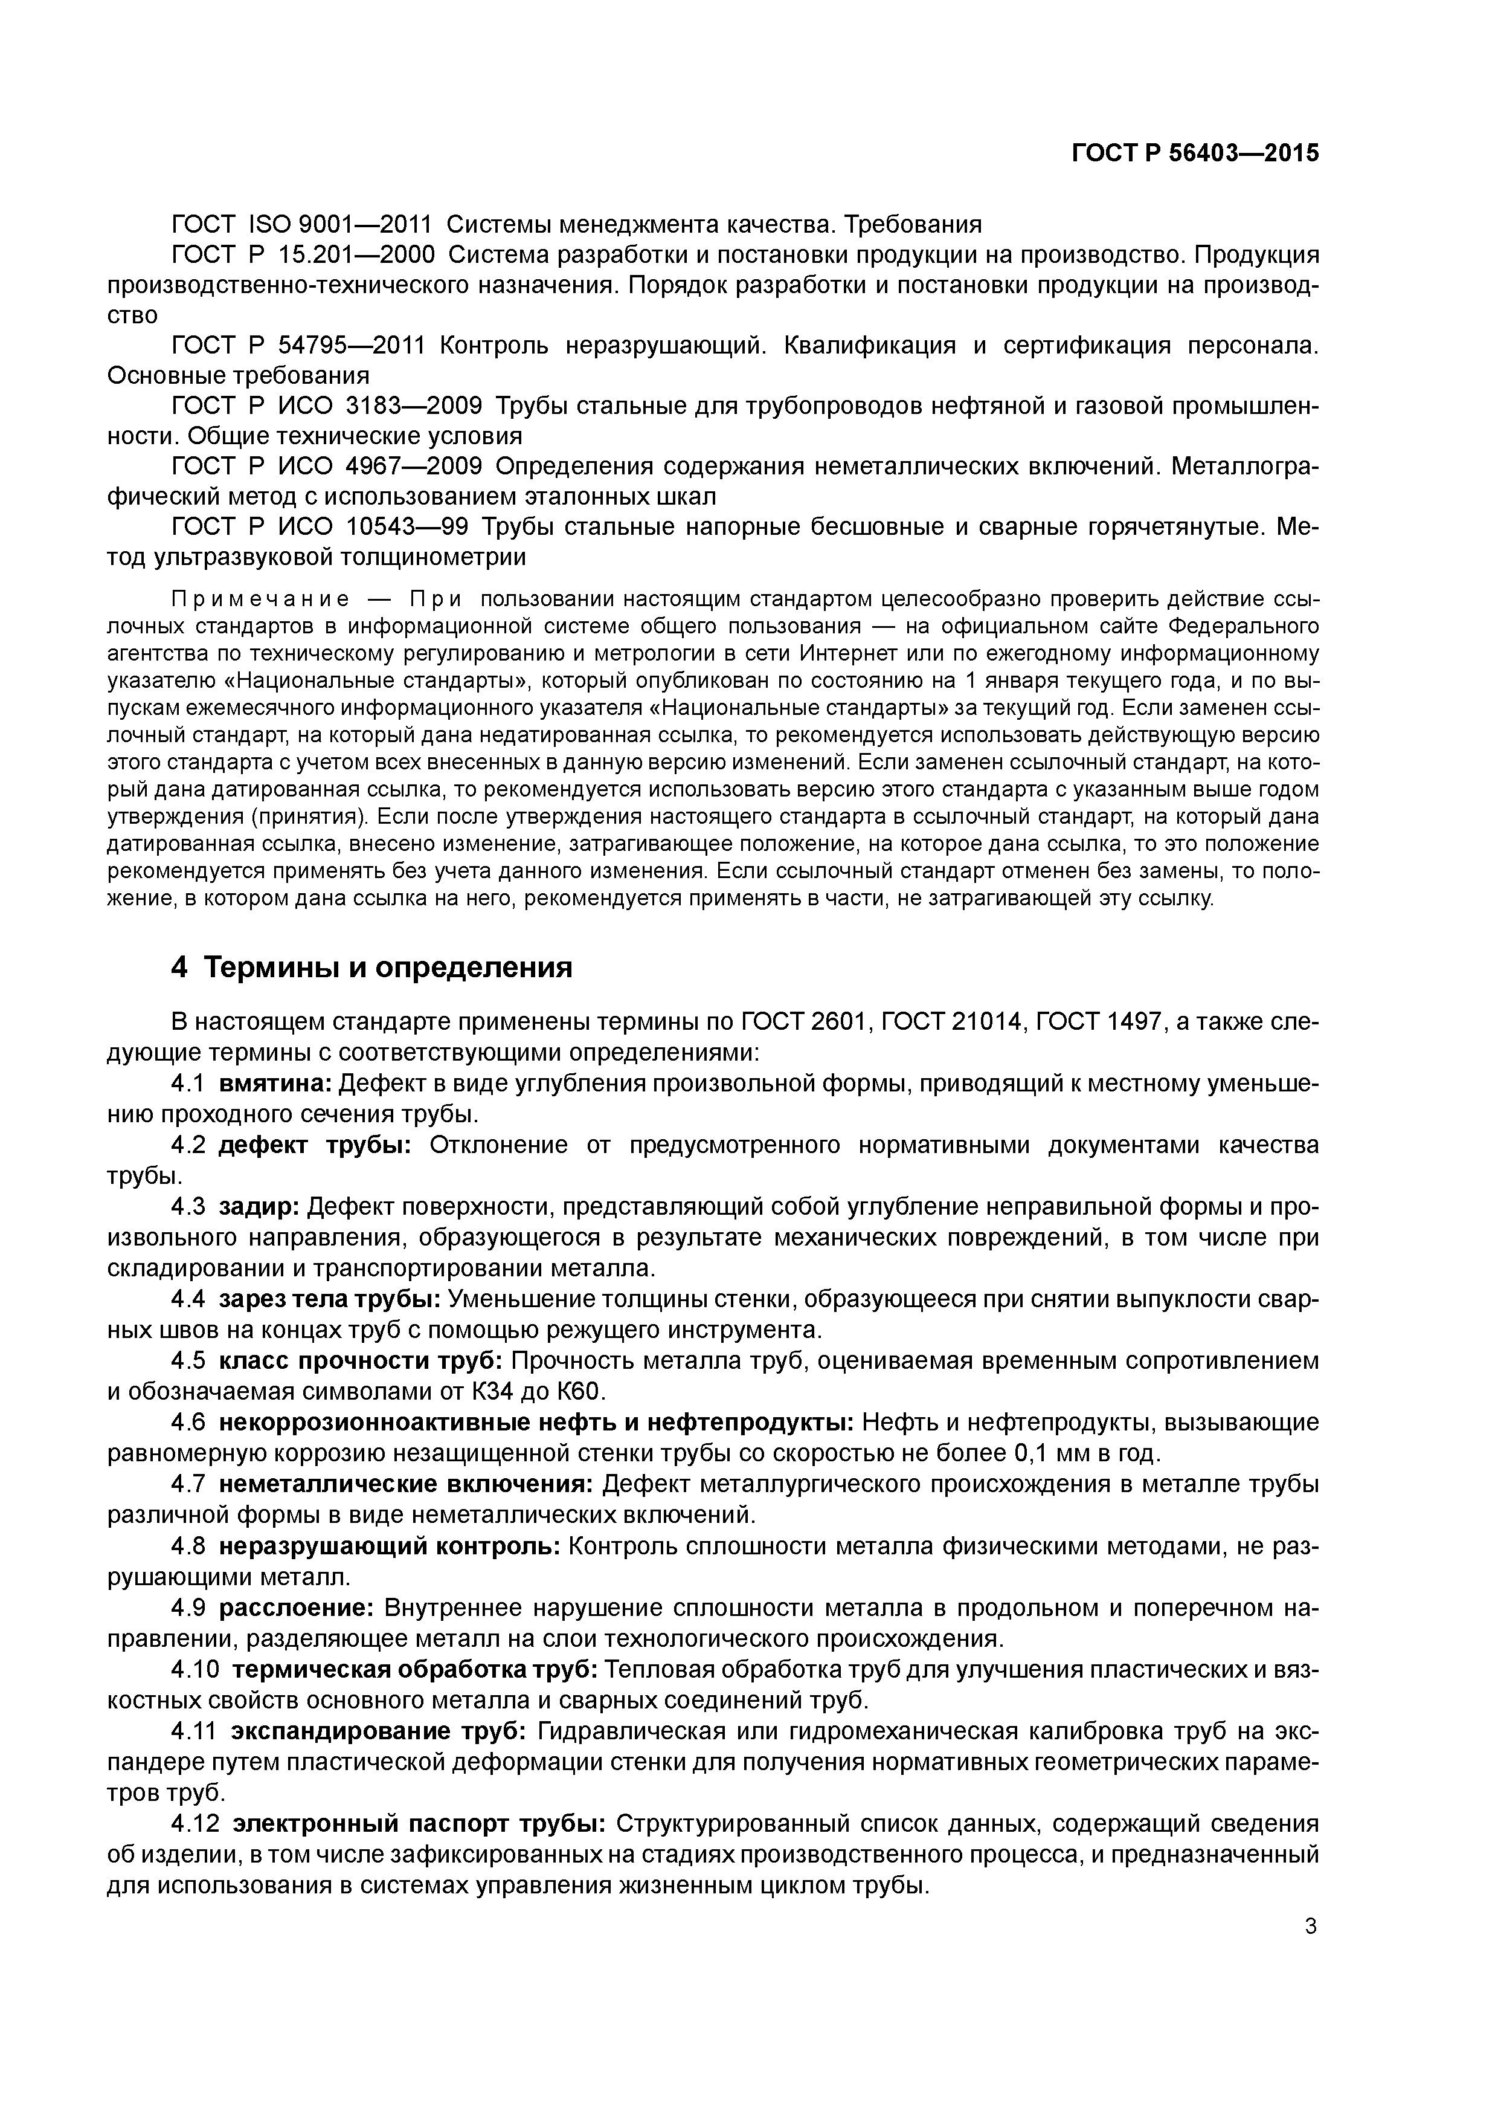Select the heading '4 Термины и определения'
tap(372, 968)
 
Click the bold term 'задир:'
tap(259, 1207)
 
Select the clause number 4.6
tap(189, 1422)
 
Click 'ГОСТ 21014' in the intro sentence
tap(949, 1022)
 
